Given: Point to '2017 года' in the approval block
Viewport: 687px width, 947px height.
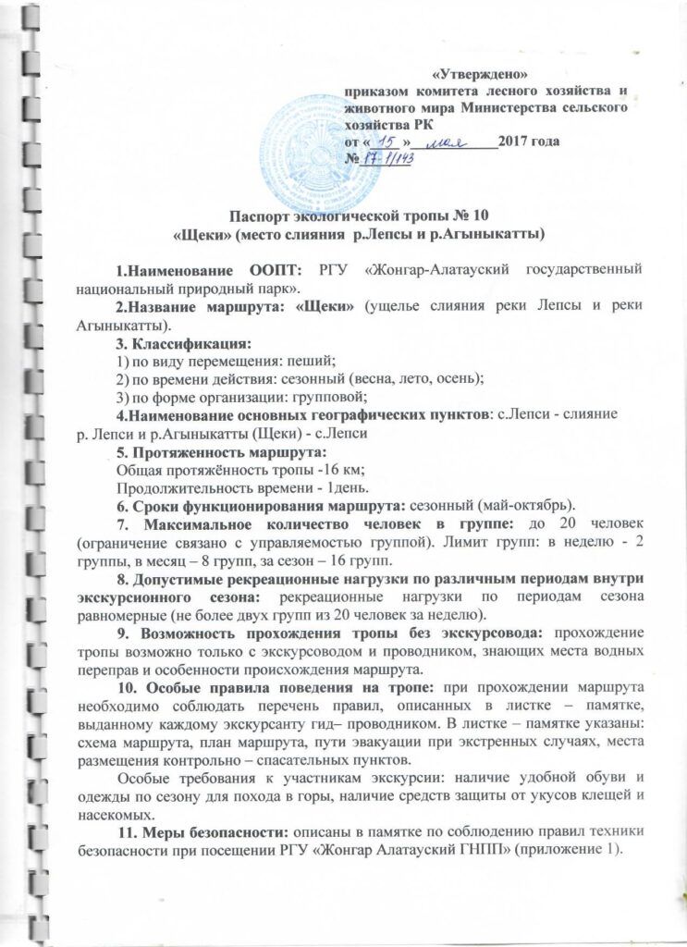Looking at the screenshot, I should (x=528, y=142).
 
